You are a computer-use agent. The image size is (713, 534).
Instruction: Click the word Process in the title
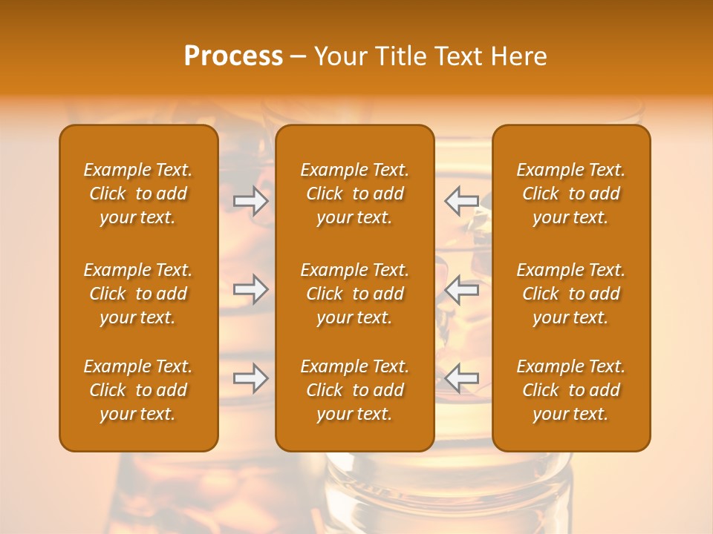pos(233,56)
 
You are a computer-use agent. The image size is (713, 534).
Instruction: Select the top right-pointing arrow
pos(251,200)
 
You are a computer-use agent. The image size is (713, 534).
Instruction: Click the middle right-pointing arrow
pos(251,289)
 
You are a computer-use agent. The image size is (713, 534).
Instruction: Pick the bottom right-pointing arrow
pos(251,378)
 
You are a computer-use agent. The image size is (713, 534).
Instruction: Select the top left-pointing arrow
pos(461,200)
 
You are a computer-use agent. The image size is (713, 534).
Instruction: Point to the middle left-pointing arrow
pos(461,289)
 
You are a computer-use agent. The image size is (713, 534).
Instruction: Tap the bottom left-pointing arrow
pos(461,378)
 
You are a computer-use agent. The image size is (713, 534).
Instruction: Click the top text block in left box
pos(138,194)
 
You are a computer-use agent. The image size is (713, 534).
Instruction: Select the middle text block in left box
pos(138,294)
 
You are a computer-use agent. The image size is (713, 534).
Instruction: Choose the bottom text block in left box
pos(138,390)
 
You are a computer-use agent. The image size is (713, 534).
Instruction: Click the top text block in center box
pos(355,194)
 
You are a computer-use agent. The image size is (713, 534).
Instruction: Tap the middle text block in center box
pos(355,294)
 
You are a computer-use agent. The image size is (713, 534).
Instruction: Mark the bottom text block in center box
pos(355,390)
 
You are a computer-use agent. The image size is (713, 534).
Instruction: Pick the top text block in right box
pos(571,194)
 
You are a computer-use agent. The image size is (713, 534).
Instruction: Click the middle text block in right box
pos(571,294)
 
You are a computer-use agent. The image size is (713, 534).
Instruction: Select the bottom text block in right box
pos(571,390)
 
